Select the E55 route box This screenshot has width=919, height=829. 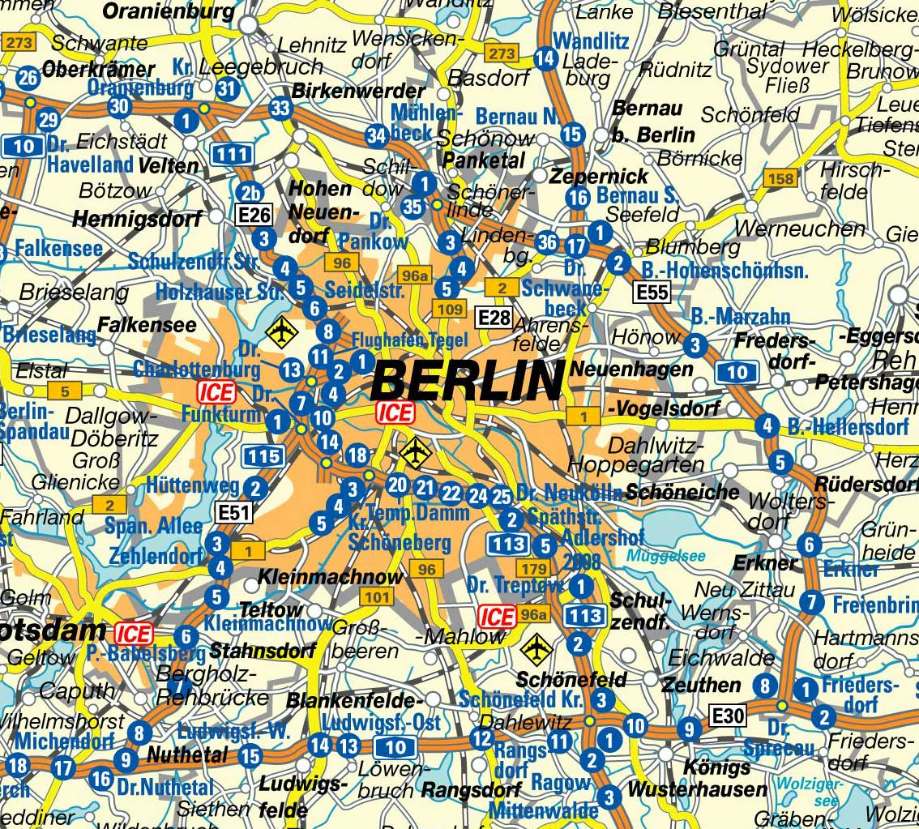[652, 292]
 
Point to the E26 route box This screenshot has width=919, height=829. [253, 215]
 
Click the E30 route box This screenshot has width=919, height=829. [727, 716]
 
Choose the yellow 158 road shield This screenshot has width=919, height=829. [781, 179]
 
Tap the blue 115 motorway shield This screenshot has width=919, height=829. [263, 456]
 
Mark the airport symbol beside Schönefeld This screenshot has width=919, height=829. [535, 647]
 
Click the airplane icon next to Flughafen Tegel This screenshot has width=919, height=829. [281, 331]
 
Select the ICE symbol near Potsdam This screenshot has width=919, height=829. [133, 632]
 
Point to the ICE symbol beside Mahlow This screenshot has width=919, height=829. [497, 617]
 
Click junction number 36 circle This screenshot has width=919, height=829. [547, 241]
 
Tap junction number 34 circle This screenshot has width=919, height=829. [377, 135]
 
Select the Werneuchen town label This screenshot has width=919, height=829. [789, 229]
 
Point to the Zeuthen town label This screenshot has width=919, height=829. [690, 685]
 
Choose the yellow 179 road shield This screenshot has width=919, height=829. [535, 568]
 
